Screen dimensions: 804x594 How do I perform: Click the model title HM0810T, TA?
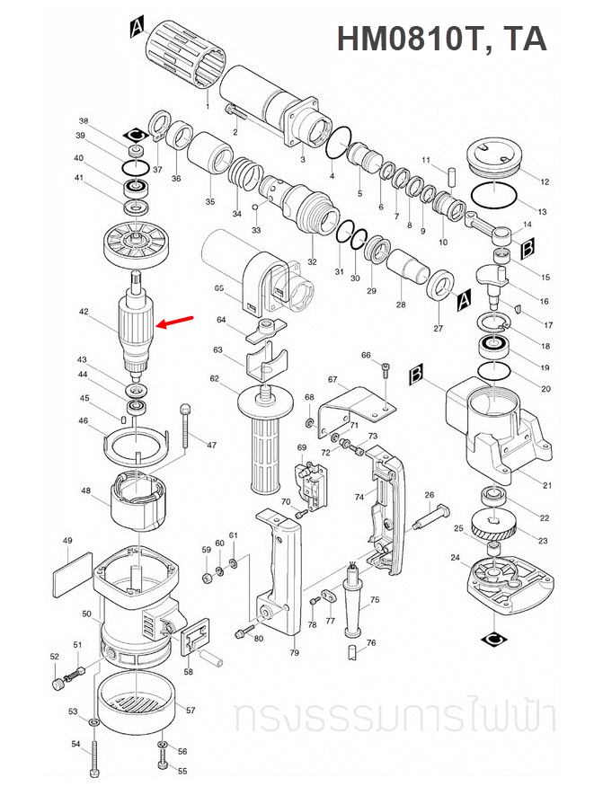441,39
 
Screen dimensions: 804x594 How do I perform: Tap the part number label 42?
84,313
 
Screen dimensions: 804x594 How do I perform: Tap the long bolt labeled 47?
185,427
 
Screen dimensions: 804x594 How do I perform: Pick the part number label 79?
294,653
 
